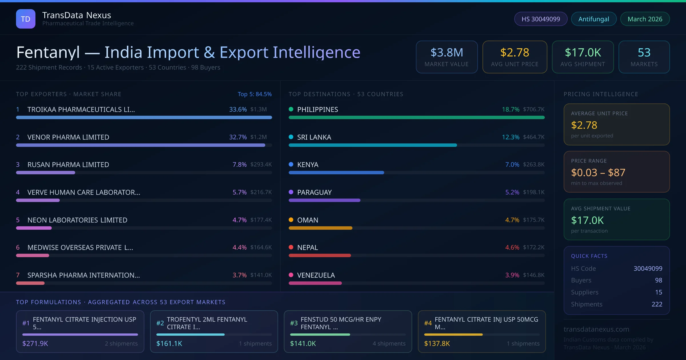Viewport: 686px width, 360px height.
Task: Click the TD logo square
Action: pyautogui.click(x=26, y=19)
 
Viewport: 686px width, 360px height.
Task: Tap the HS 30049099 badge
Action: pyautogui.click(x=541, y=19)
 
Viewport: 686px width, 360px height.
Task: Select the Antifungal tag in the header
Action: pyautogui.click(x=593, y=19)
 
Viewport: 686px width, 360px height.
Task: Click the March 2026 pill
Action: pyautogui.click(x=645, y=19)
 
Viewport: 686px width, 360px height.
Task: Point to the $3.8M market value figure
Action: pyautogui.click(x=446, y=53)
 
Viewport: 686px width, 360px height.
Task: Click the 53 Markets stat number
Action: pyautogui.click(x=644, y=53)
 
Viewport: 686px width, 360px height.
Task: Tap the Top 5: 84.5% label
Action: pyautogui.click(x=254, y=94)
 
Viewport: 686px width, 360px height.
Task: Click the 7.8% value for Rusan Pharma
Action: pyautogui.click(x=239, y=165)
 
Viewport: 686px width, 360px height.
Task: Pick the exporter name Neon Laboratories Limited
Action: pyautogui.click(x=77, y=220)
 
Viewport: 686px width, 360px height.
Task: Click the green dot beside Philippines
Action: pyautogui.click(x=291, y=109)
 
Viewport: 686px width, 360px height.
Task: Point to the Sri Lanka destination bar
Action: pyautogui.click(x=373, y=145)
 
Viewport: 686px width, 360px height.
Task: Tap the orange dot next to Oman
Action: pyautogui.click(x=291, y=220)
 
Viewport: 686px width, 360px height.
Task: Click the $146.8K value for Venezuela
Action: pyautogui.click(x=533, y=275)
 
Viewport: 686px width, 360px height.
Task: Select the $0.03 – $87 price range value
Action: pyautogui.click(x=598, y=173)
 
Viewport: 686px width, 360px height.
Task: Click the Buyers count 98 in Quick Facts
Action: pyautogui.click(x=658, y=280)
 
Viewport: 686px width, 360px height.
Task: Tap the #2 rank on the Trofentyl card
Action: pyautogui.click(x=160, y=323)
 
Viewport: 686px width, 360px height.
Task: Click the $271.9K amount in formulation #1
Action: pyautogui.click(x=35, y=343)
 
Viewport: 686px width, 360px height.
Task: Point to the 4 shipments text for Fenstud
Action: pyautogui.click(x=389, y=343)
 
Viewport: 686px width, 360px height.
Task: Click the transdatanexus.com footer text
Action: pyautogui.click(x=596, y=329)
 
